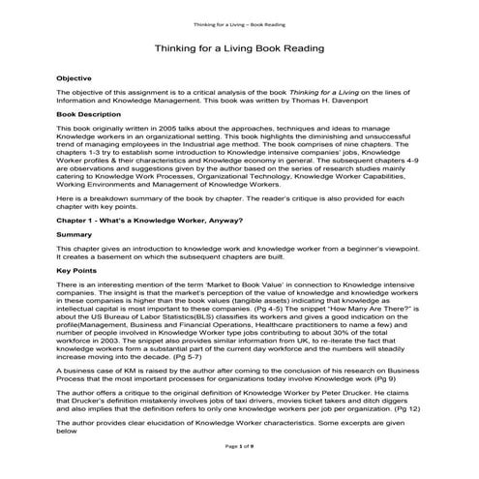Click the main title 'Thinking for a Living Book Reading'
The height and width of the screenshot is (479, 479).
pyautogui.click(x=239, y=47)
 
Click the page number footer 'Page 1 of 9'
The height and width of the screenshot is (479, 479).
pyautogui.click(x=239, y=470)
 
